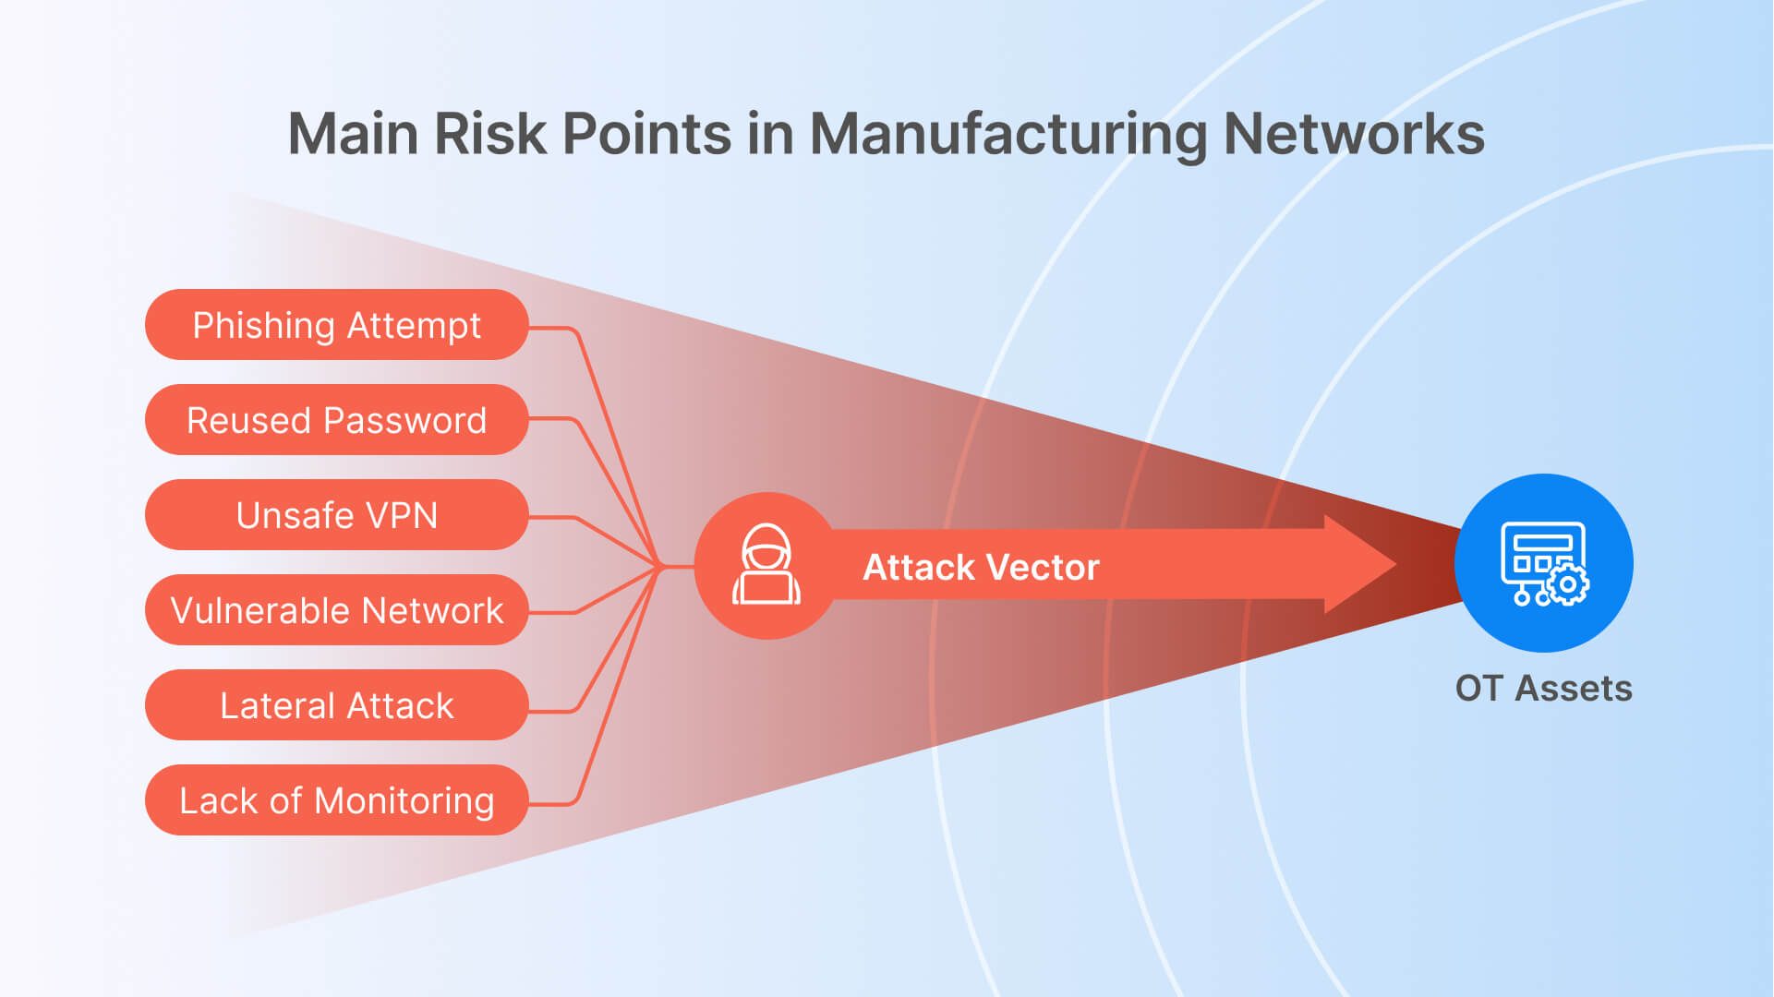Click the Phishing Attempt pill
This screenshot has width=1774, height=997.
pyautogui.click(x=336, y=325)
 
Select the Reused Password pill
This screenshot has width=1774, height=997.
pyautogui.click(x=336, y=420)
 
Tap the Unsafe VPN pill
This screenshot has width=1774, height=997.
pyautogui.click(x=336, y=515)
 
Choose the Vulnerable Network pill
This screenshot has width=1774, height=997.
pyautogui.click(x=336, y=610)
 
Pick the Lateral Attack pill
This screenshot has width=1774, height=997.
pyautogui.click(x=336, y=705)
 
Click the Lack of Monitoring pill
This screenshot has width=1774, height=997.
pyautogui.click(x=336, y=800)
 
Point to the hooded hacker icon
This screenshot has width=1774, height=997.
pyautogui.click(x=766, y=565)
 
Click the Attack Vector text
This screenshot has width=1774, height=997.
pyautogui.click(x=981, y=567)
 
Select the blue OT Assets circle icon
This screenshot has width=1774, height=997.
pyautogui.click(x=1543, y=563)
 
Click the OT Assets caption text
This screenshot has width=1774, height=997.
pyautogui.click(x=1543, y=689)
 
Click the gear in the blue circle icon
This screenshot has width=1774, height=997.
pyautogui.click(x=1567, y=584)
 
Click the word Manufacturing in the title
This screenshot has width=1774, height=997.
pyautogui.click(x=1008, y=135)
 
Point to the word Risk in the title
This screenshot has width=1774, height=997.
pyautogui.click(x=490, y=135)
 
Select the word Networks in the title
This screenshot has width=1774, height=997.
pyautogui.click(x=1354, y=135)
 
